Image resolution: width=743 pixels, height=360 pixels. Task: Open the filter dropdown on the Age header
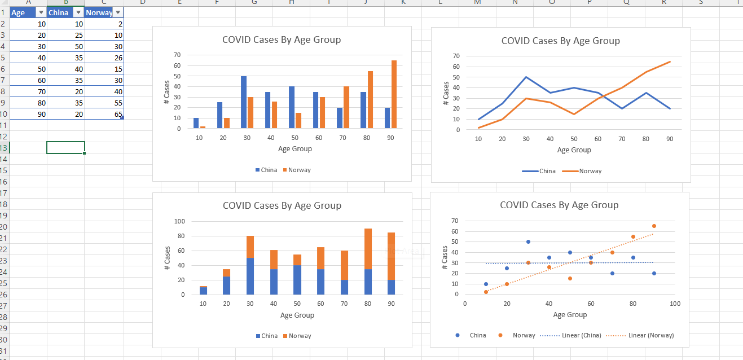41,12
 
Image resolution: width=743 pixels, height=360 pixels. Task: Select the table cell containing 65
104,114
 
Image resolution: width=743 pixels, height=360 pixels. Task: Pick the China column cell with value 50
66,46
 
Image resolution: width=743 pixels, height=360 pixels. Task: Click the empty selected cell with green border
65,147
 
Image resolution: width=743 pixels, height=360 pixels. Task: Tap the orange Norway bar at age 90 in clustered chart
394,94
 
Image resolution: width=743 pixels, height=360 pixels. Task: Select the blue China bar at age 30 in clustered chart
244,102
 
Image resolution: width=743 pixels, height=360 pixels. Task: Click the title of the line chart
560,41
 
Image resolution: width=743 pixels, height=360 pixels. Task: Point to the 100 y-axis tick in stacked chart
180,221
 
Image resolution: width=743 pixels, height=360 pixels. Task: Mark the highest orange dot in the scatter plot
654,226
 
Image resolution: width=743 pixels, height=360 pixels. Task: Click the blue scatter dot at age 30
528,242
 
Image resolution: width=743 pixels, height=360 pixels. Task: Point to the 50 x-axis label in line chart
574,139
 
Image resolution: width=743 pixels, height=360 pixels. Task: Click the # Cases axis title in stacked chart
167,258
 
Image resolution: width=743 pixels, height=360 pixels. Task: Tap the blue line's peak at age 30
526,77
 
